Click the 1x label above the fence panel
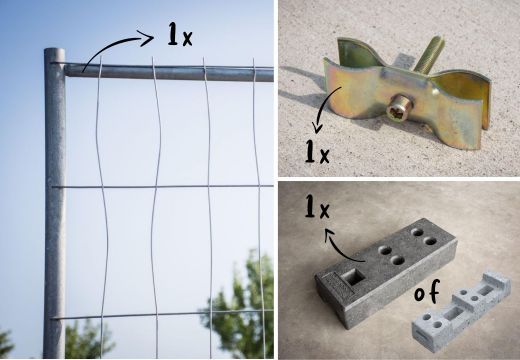coord(180,34)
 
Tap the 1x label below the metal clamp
coord(317,151)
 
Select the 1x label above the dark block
coord(317,207)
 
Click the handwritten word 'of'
coord(427,291)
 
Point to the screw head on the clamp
coord(399,107)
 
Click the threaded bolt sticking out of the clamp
coord(428,56)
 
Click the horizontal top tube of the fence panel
coord(169,72)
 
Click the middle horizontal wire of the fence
coord(163,187)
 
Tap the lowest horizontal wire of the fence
coord(163,315)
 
